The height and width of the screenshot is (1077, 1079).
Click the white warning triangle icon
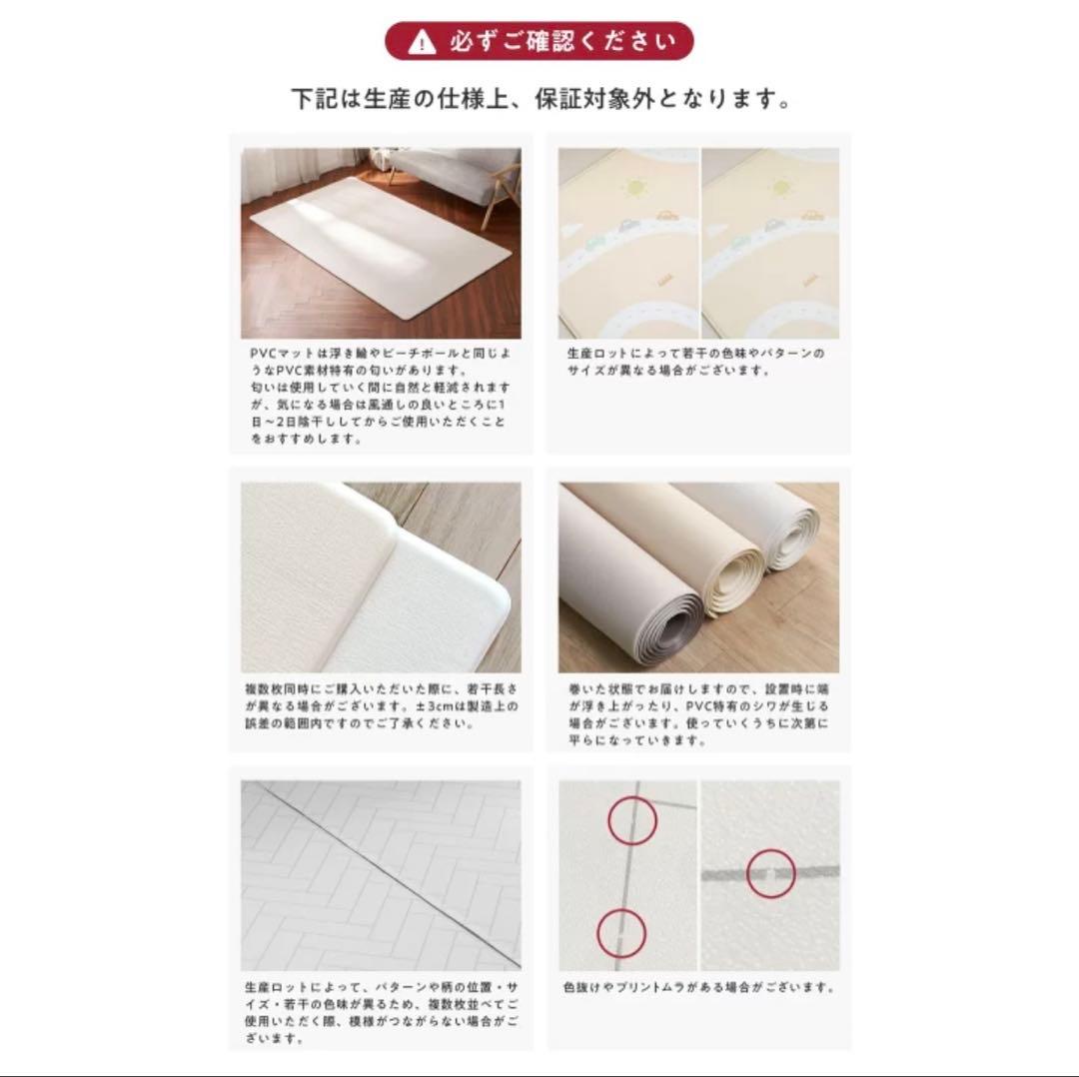pos(422,43)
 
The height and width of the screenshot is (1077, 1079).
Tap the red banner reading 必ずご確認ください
pos(539,41)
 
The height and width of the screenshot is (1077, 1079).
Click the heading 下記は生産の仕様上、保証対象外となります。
pos(540,99)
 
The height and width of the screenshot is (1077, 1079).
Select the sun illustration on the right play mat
pos(780,187)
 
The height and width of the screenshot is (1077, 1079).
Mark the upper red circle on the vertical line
pos(632,820)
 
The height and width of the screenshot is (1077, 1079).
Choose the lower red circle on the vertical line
pos(621,933)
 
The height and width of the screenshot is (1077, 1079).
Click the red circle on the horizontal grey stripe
pos(770,874)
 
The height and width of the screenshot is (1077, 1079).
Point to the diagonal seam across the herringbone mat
pos(381,874)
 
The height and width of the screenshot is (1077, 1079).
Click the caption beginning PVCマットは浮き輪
pos(381,396)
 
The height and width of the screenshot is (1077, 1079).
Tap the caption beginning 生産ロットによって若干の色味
pos(695,362)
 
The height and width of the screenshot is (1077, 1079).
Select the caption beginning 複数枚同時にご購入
pos(382,706)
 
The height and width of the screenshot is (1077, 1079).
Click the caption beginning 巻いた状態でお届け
pos(699,714)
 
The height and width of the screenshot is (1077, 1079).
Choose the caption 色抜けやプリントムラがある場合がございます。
pos(699,987)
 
